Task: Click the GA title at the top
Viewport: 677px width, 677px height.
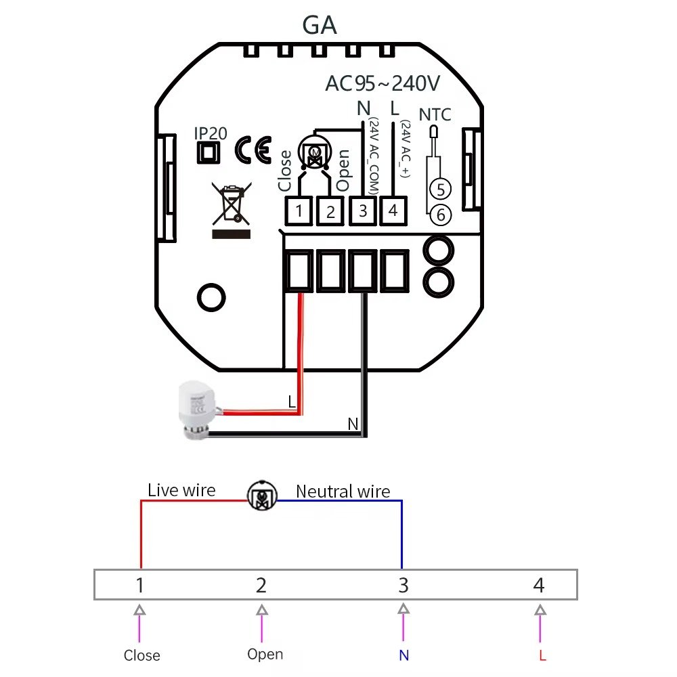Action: [319, 26]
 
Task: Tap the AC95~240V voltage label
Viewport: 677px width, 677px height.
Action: [383, 83]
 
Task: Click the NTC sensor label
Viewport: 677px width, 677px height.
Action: [435, 114]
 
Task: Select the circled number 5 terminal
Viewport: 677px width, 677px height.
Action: [440, 188]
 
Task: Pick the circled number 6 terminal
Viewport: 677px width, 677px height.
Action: [440, 215]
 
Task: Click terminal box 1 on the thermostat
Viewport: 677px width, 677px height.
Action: [299, 211]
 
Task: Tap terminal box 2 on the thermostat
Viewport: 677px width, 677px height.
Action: [330, 211]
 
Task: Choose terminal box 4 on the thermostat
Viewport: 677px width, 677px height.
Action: [393, 210]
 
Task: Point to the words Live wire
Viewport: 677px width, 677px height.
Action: [181, 490]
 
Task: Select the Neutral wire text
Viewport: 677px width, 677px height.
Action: [343, 492]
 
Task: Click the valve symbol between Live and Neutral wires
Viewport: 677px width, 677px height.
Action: [261, 496]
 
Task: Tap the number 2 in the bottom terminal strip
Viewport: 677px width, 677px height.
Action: [261, 585]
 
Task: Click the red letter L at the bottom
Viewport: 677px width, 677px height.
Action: [542, 655]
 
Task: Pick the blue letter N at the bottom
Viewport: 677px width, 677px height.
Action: [403, 655]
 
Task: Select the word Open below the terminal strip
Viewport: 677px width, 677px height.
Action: [265, 654]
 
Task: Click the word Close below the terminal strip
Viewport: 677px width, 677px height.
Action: [141, 655]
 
